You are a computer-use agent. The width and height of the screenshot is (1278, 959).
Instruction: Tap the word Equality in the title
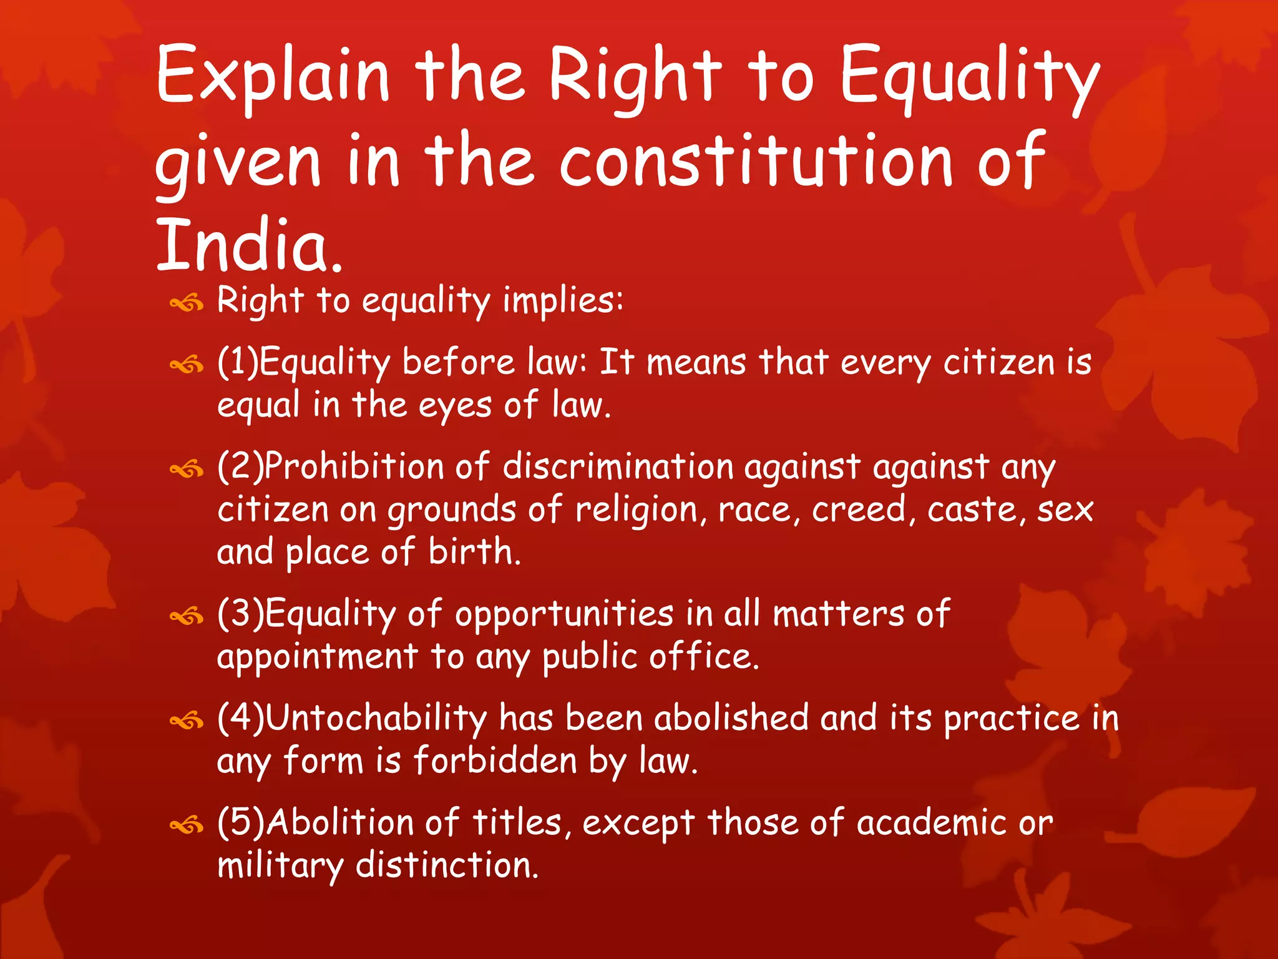click(x=969, y=78)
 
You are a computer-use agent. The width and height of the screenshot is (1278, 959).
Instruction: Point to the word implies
click(x=562, y=300)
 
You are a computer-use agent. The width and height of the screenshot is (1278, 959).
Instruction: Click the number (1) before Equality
click(x=237, y=362)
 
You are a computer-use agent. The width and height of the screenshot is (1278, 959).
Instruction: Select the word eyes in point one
click(x=455, y=406)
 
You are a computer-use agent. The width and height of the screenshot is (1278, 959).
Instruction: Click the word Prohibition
click(x=354, y=466)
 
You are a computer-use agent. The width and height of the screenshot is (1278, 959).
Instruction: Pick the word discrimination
click(x=618, y=466)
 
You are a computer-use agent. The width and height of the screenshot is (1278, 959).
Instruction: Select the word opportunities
click(x=564, y=614)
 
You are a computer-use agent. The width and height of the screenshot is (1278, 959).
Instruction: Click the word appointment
click(x=317, y=657)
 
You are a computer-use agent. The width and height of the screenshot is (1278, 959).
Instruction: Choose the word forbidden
click(x=495, y=761)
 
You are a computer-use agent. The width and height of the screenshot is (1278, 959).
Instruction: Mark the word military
click(x=280, y=866)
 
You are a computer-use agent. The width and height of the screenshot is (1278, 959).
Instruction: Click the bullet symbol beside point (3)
click(x=187, y=617)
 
